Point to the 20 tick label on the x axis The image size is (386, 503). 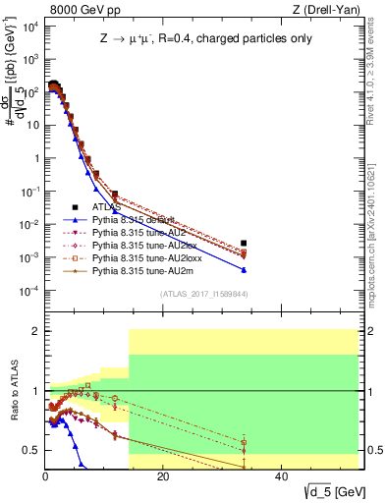coord(163,478)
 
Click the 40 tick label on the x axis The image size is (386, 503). coord(280,478)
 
